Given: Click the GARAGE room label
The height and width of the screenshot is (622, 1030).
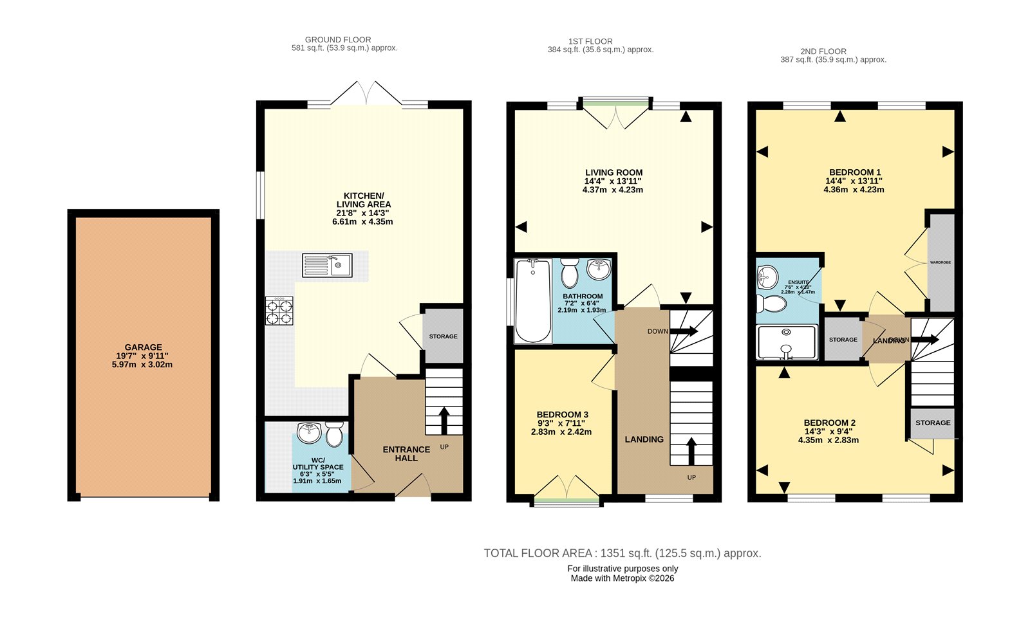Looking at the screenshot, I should pyautogui.click(x=143, y=347).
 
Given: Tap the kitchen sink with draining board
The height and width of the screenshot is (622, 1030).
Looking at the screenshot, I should pyautogui.click(x=327, y=265).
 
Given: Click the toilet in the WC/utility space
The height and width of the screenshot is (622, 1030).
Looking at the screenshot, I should pyautogui.click(x=333, y=435).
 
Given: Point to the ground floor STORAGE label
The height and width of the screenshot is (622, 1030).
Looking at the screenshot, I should pyautogui.click(x=443, y=336).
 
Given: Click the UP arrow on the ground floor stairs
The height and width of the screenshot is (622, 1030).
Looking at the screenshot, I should pyautogui.click(x=444, y=419).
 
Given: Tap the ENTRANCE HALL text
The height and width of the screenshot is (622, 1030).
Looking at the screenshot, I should pyautogui.click(x=406, y=453).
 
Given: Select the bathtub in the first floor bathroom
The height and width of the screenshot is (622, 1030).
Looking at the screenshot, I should pyautogui.click(x=532, y=300).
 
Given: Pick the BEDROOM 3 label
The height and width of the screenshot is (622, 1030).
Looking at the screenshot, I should pyautogui.click(x=562, y=415).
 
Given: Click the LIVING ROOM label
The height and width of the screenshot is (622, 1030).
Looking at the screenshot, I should pyautogui.click(x=613, y=172).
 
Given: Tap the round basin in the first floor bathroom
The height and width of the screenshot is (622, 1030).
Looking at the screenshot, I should pyautogui.click(x=599, y=270).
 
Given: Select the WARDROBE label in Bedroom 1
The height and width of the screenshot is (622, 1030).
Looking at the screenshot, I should pyautogui.click(x=940, y=262).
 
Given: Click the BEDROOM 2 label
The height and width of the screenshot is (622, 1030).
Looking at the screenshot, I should pyautogui.click(x=829, y=423).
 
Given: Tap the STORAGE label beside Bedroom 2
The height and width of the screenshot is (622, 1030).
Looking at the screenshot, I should pyautogui.click(x=933, y=423).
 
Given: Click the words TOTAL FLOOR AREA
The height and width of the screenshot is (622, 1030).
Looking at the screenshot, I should pyautogui.click(x=538, y=553).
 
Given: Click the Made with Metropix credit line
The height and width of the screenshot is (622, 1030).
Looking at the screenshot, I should pyautogui.click(x=623, y=578).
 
